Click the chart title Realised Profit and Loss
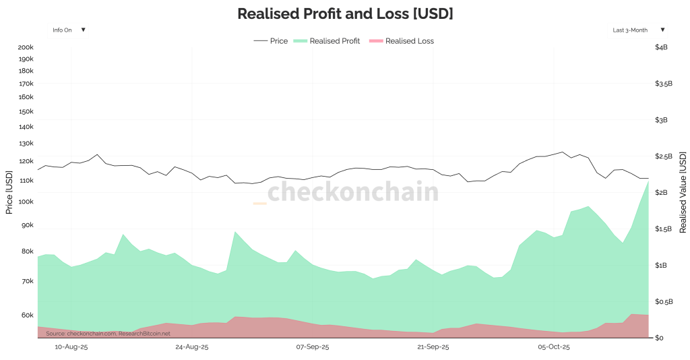345,13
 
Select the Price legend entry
271,41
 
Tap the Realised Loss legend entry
402,41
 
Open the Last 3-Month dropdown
638,30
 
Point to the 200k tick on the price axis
26,47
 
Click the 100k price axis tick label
26,202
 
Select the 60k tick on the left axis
27,315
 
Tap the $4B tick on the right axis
661,47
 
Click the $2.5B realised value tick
664,156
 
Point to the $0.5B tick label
664,301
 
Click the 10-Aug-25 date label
71,347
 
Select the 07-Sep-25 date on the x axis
313,347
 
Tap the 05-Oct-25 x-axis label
553,347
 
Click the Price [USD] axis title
9,192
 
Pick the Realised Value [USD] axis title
683,192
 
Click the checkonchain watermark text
353,192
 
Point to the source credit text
108,333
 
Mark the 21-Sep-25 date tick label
433,347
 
